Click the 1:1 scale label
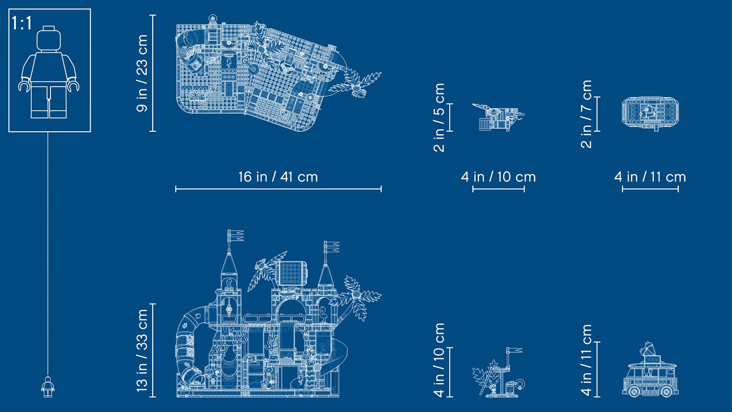click(x=22, y=23)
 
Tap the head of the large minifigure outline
click(x=49, y=39)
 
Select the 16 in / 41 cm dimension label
click(x=278, y=177)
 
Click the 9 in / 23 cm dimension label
click(x=142, y=73)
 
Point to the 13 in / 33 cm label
click(x=142, y=351)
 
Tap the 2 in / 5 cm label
click(x=439, y=117)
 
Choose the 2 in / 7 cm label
click(x=586, y=114)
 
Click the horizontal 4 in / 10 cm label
click(x=498, y=177)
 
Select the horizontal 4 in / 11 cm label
click(x=650, y=177)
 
